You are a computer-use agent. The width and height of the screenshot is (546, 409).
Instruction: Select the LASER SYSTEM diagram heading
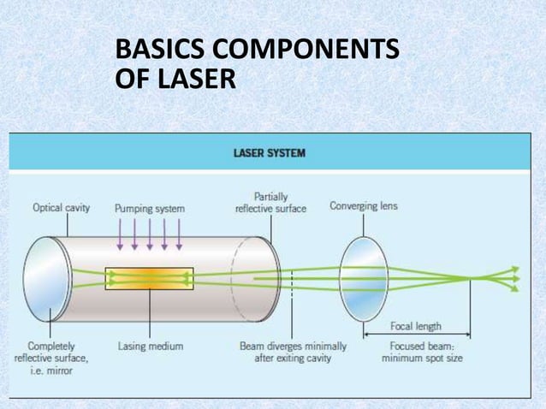pyautogui.click(x=270, y=154)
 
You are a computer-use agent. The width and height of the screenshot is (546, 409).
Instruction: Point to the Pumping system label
pyautogui.click(x=149, y=208)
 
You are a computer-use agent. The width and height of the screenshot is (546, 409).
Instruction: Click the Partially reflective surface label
pyautogui.click(x=270, y=203)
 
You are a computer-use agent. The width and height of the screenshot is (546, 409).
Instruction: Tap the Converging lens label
pyautogui.click(x=364, y=206)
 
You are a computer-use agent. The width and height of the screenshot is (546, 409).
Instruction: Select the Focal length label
pyautogui.click(x=416, y=326)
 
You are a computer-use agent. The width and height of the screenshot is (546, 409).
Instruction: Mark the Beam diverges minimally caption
pyautogui.click(x=293, y=353)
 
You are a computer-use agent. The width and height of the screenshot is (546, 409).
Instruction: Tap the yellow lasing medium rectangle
pyautogui.click(x=149, y=278)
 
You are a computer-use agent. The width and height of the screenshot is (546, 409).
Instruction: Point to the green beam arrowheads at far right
pyautogui.click(x=514, y=278)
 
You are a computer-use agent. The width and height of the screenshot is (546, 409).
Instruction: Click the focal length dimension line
pyautogui.click(x=417, y=335)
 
